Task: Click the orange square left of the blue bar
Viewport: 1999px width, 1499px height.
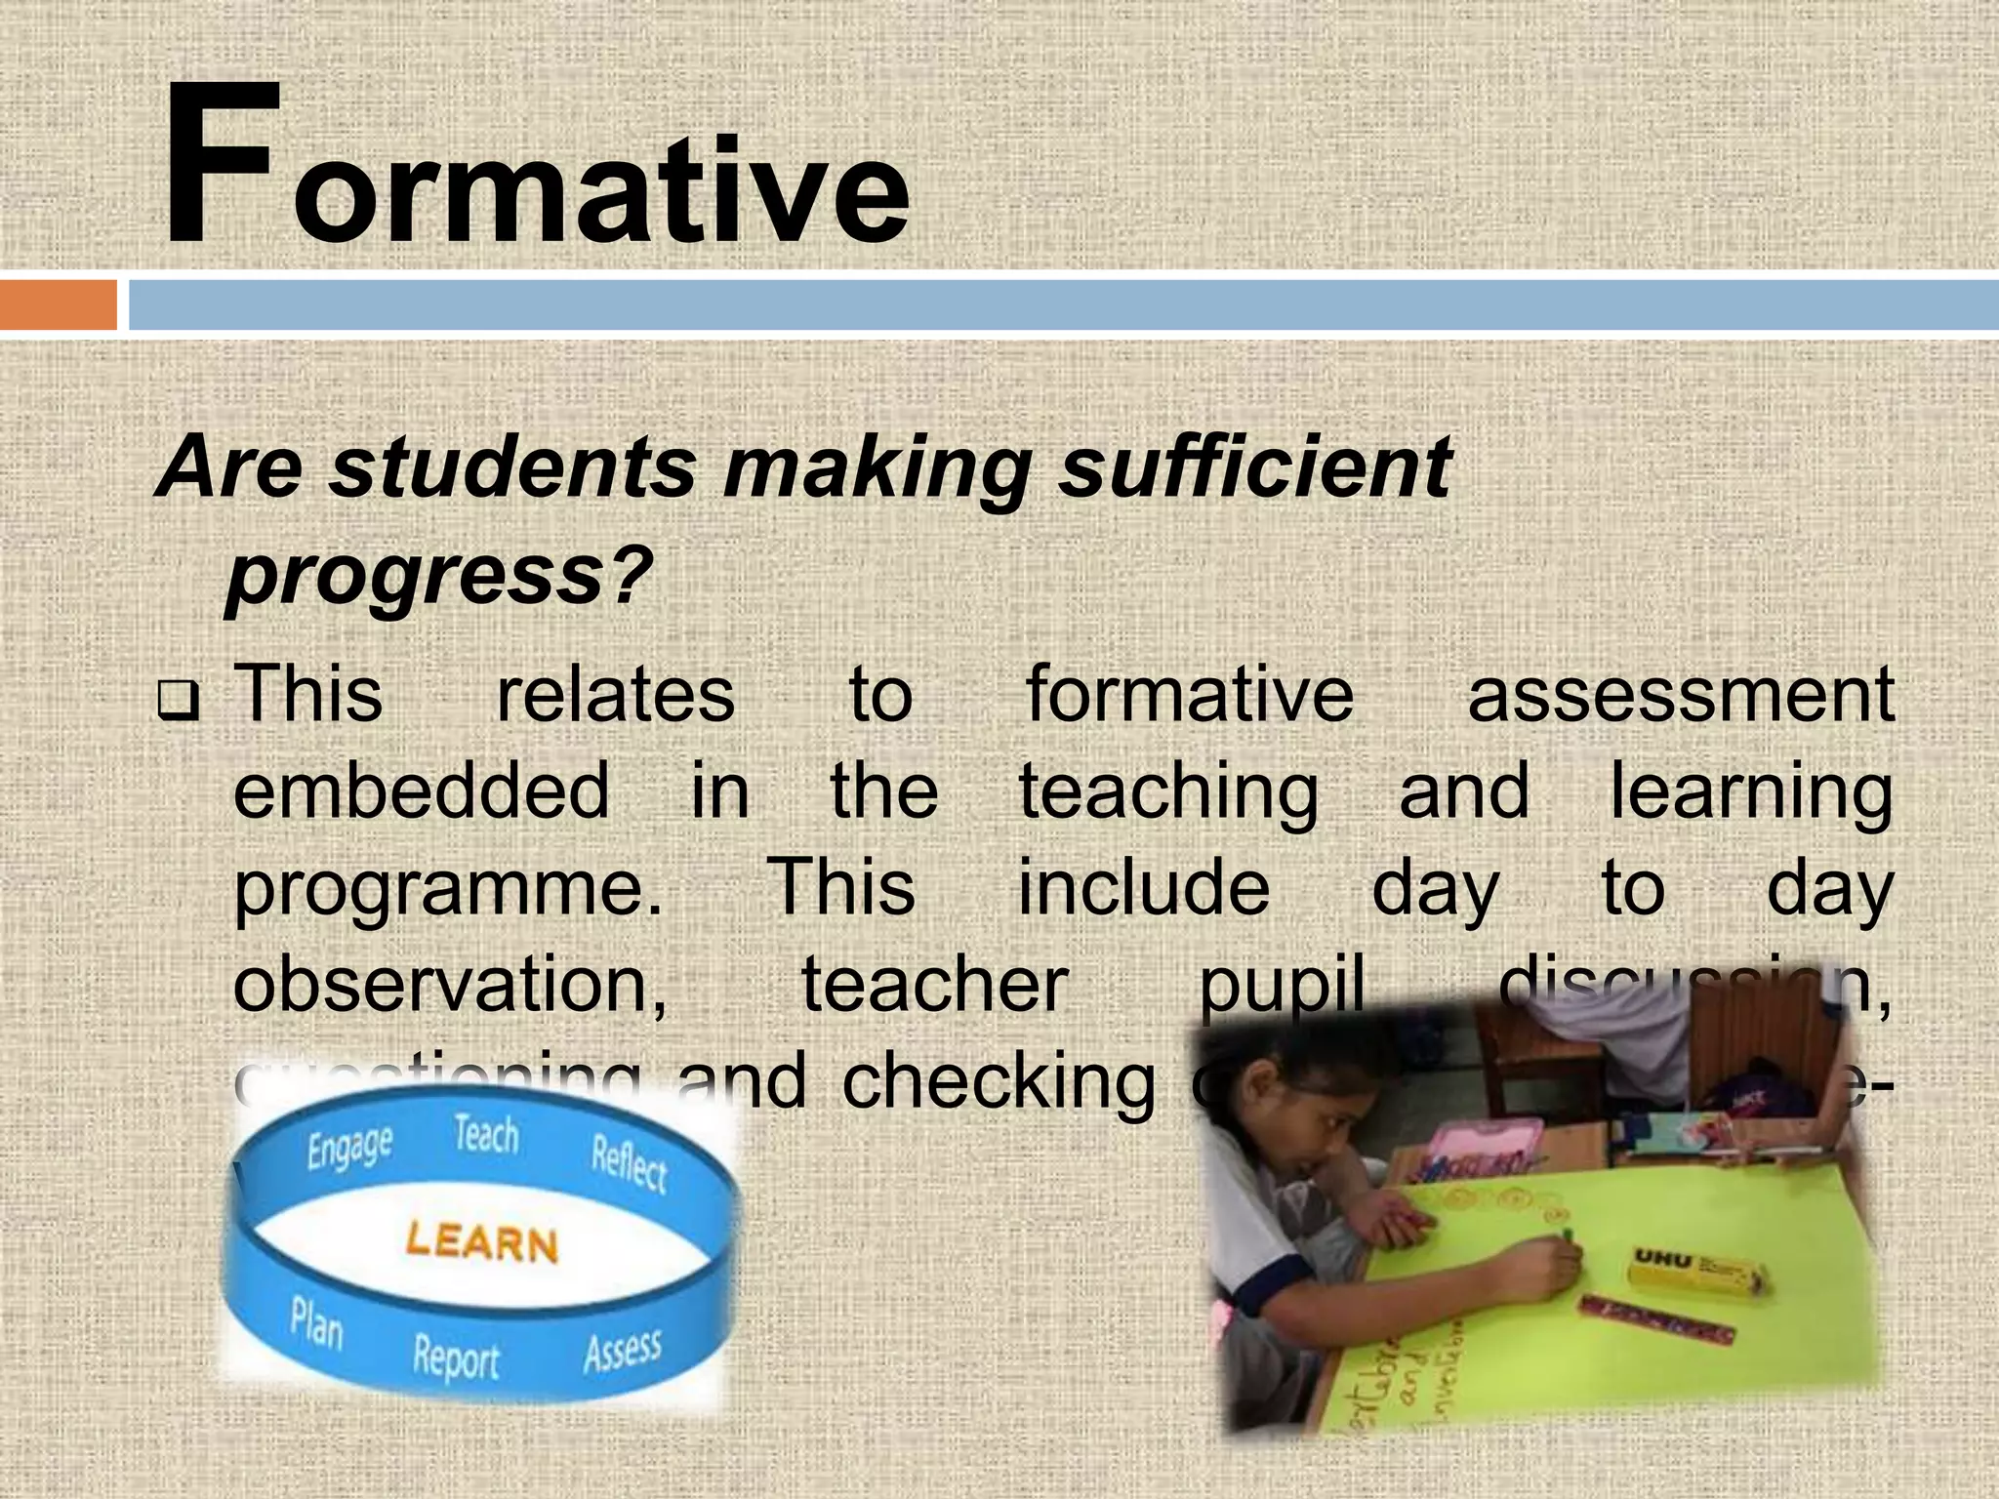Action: click(58, 305)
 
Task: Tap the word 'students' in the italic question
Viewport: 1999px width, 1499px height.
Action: click(511, 467)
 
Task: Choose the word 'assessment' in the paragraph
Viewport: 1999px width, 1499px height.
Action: click(1680, 695)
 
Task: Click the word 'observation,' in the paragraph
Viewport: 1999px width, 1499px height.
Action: click(449, 986)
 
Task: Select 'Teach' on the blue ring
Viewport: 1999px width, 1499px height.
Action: click(486, 1136)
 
